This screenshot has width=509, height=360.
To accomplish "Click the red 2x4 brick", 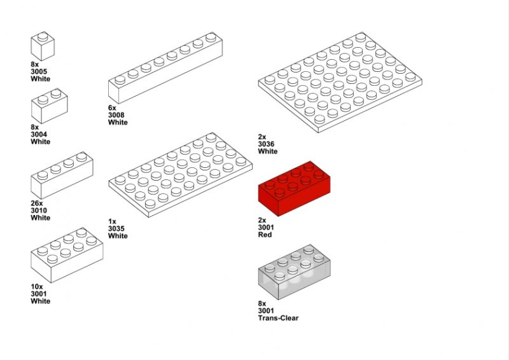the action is pyautogui.click(x=294, y=189).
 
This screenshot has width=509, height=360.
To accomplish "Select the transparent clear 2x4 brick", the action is pyautogui.click(x=294, y=272).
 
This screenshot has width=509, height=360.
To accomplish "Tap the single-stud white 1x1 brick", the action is pyautogui.click(x=43, y=46).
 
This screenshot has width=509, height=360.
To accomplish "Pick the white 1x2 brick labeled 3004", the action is pyautogui.click(x=50, y=106).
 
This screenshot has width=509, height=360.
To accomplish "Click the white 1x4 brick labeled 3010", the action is pyautogui.click(x=62, y=176).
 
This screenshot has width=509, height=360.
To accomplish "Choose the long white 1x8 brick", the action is pyautogui.click(x=165, y=68).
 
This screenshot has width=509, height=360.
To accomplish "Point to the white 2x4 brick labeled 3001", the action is pyautogui.click(x=67, y=255).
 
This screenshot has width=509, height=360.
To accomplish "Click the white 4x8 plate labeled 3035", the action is pyautogui.click(x=181, y=175).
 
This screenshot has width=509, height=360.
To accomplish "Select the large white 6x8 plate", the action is pyautogui.click(x=340, y=82).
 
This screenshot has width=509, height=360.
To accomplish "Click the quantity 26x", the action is pyautogui.click(x=37, y=203).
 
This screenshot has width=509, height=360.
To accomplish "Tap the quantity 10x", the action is pyautogui.click(x=37, y=287).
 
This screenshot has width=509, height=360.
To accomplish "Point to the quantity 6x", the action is pyautogui.click(x=112, y=107).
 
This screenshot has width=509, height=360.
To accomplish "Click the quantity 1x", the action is pyautogui.click(x=112, y=221).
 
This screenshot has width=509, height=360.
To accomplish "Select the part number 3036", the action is pyautogui.click(x=266, y=144).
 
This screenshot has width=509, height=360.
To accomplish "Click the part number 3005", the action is pyautogui.click(x=39, y=71).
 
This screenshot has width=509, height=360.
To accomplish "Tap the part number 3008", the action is pyautogui.click(x=116, y=115).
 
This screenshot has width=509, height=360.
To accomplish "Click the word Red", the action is pyautogui.click(x=265, y=235).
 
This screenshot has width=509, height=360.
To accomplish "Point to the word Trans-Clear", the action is pyautogui.click(x=278, y=318).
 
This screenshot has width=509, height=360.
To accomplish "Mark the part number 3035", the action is pyautogui.click(x=116, y=228).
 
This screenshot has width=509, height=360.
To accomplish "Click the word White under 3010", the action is pyautogui.click(x=41, y=218).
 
